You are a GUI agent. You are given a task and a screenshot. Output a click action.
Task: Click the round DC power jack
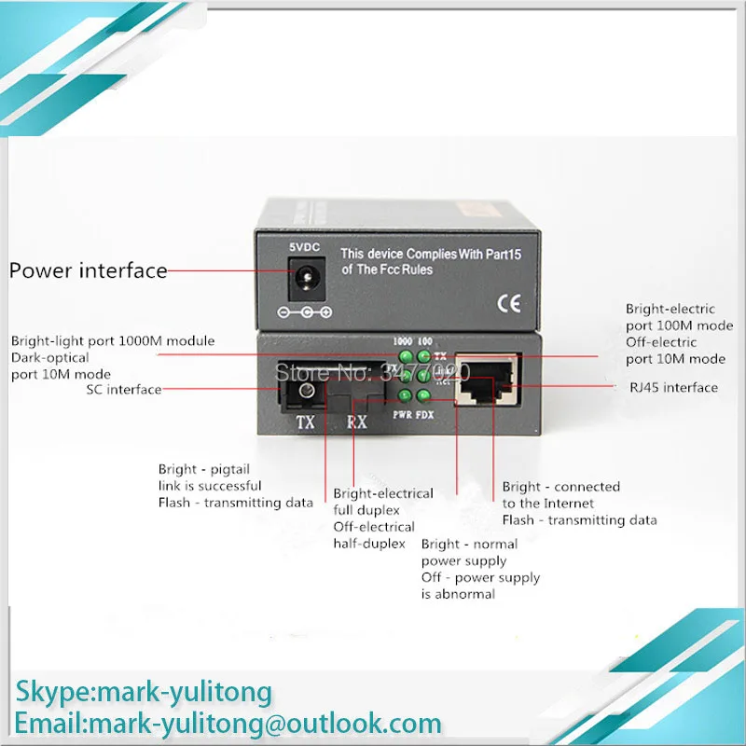coord(303,277)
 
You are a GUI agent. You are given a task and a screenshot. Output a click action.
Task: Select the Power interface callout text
coord(89,271)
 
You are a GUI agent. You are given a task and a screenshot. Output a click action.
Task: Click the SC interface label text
coord(123,390)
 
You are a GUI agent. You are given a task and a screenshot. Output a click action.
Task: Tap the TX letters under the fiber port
coord(306,422)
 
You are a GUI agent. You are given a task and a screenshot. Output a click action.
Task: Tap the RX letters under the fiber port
coord(355,422)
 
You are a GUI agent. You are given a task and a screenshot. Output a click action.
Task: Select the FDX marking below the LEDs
coord(424,412)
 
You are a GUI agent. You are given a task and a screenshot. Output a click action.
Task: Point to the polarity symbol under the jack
coord(304,313)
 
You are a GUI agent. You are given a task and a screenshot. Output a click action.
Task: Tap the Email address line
coord(228,723)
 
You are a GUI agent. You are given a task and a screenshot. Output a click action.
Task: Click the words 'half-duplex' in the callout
coord(366,544)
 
